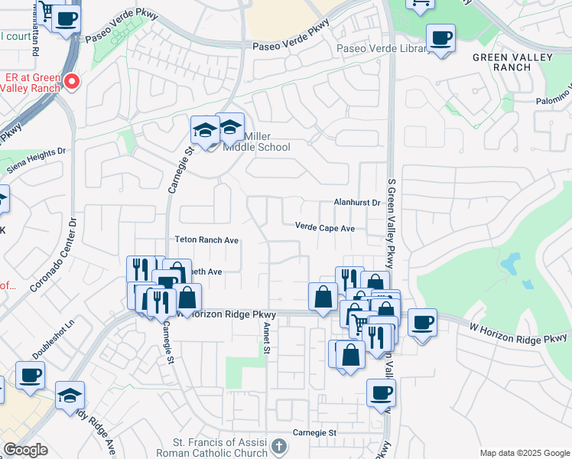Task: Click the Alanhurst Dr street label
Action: (357, 203)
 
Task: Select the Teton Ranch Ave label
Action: (206, 240)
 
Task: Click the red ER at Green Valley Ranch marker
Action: (72, 80)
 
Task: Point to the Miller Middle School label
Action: (257, 142)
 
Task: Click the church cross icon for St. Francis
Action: (280, 445)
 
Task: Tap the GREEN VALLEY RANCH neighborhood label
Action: (502, 62)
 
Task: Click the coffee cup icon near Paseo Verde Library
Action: (440, 38)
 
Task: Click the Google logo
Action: (26, 450)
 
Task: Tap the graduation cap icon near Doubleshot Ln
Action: (70, 395)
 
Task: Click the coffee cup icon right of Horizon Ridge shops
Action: (422, 323)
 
